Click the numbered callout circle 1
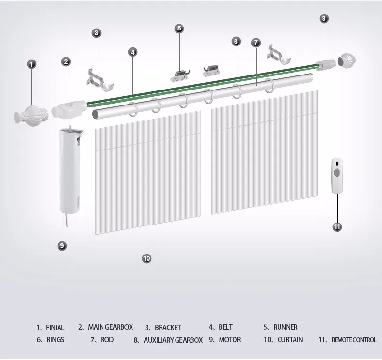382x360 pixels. point(31,63)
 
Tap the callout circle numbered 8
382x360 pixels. point(324,18)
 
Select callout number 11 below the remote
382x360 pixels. point(338,226)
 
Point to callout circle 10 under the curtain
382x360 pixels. point(147,258)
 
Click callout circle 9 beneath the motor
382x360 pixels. point(62,245)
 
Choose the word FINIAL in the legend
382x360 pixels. point(55,328)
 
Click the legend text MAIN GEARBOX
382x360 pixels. point(110,327)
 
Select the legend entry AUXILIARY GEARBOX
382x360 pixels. point(173,340)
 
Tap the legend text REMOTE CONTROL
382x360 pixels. point(354,340)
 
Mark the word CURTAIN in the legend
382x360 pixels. point(290,340)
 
